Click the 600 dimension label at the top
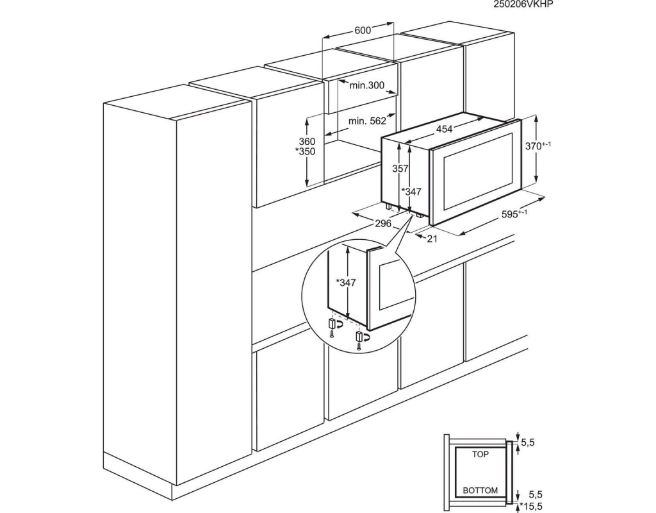pyautogui.click(x=363, y=30)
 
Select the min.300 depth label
pyautogui.click(x=367, y=85)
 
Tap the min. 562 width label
pyautogui.click(x=368, y=121)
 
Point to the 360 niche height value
pyautogui.click(x=307, y=142)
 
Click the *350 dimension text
pyautogui.click(x=305, y=151)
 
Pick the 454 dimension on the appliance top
pyautogui.click(x=445, y=130)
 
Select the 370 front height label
pyautogui.click(x=538, y=146)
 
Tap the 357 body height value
pyautogui.click(x=400, y=169)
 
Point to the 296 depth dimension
pyautogui.click(x=383, y=223)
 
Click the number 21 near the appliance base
pyautogui.click(x=432, y=239)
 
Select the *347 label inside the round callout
pyautogui.click(x=346, y=283)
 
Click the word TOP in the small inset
pyautogui.click(x=480, y=455)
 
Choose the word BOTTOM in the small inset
pyautogui.click(x=480, y=491)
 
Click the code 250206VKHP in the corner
pyautogui.click(x=523, y=4)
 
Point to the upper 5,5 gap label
pyautogui.click(x=528, y=442)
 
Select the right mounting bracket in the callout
pyautogui.click(x=359, y=336)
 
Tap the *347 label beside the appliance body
pyautogui.click(x=412, y=192)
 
